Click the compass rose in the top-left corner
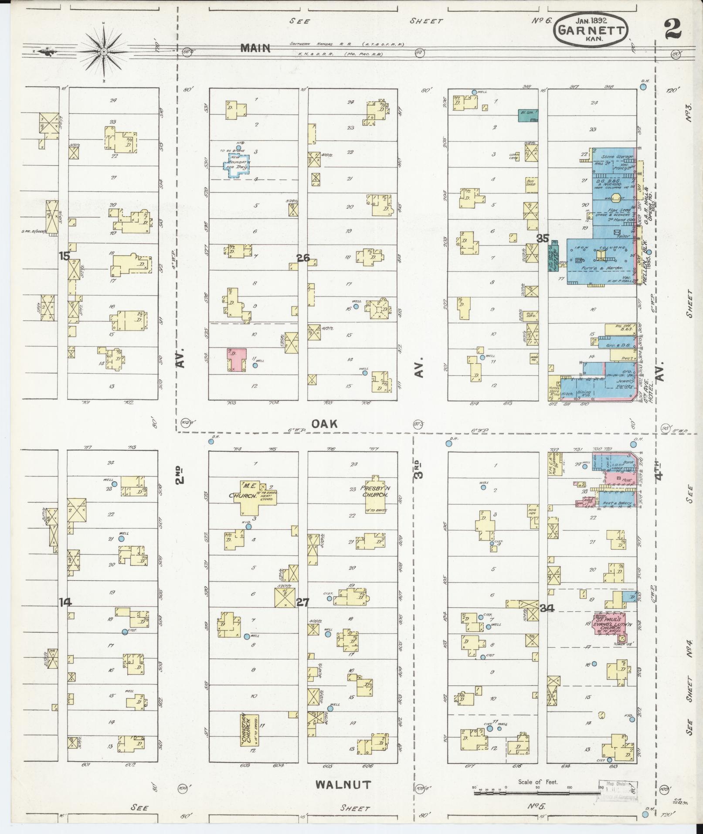tap(104, 51)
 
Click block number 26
tap(303, 258)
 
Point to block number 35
tap(542, 238)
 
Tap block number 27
tap(302, 603)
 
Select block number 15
tap(65, 256)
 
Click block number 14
tap(65, 602)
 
